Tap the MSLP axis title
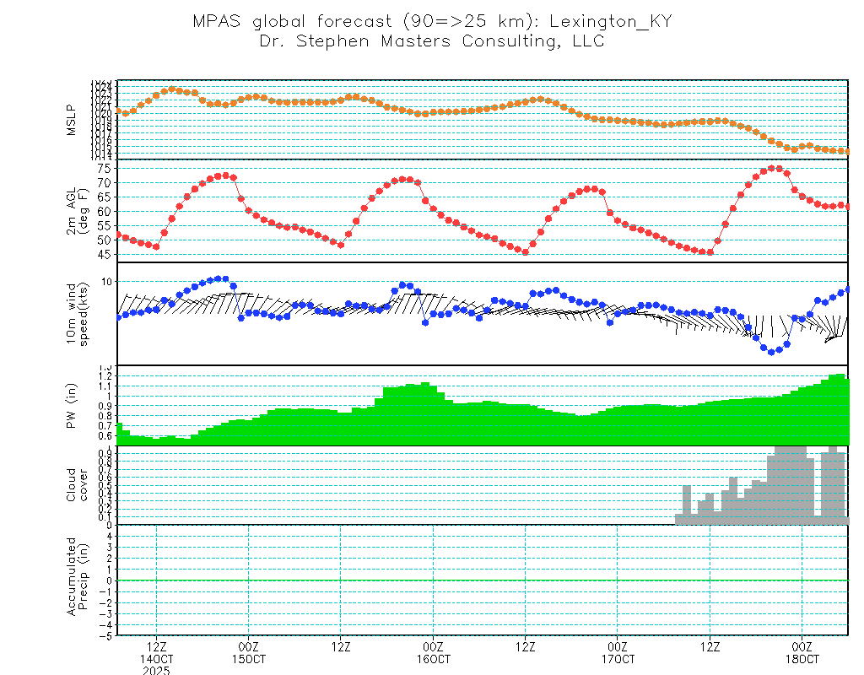pos(72,120)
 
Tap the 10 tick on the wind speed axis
pos(107,281)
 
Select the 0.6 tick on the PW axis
pos(105,436)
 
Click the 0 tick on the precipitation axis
pos(110,580)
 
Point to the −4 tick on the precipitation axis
pos(107,624)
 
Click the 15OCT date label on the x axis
pos(249,658)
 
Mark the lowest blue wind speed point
pos(771,351)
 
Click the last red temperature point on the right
pos(848,207)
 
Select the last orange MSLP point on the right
pos(846,152)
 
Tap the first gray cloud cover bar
pos(678,519)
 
